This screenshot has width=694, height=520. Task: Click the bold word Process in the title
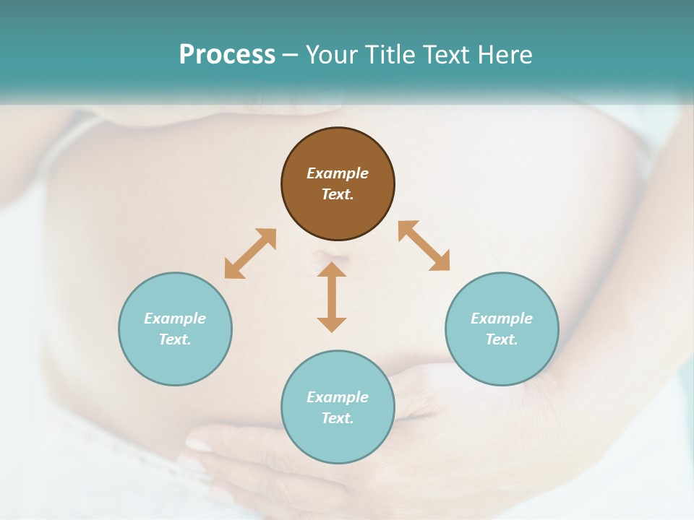click(x=227, y=55)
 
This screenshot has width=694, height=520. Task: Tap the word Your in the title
click(x=333, y=55)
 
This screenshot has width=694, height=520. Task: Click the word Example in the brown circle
click(x=338, y=173)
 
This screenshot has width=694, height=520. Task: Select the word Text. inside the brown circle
click(x=338, y=194)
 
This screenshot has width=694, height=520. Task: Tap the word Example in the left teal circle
click(x=175, y=318)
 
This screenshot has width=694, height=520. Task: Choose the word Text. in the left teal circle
click(x=175, y=339)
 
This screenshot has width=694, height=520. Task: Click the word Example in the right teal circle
click(x=502, y=318)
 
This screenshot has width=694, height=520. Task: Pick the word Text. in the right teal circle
click(x=502, y=339)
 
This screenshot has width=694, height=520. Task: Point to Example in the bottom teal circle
click(x=338, y=397)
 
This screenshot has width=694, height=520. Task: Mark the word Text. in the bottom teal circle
click(x=338, y=418)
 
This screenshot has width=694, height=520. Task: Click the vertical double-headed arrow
click(x=332, y=297)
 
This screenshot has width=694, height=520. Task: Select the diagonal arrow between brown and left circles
click(x=250, y=253)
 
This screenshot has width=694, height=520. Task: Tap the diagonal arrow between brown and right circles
click(x=424, y=246)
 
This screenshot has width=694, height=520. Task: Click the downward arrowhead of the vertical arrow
click(x=332, y=324)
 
